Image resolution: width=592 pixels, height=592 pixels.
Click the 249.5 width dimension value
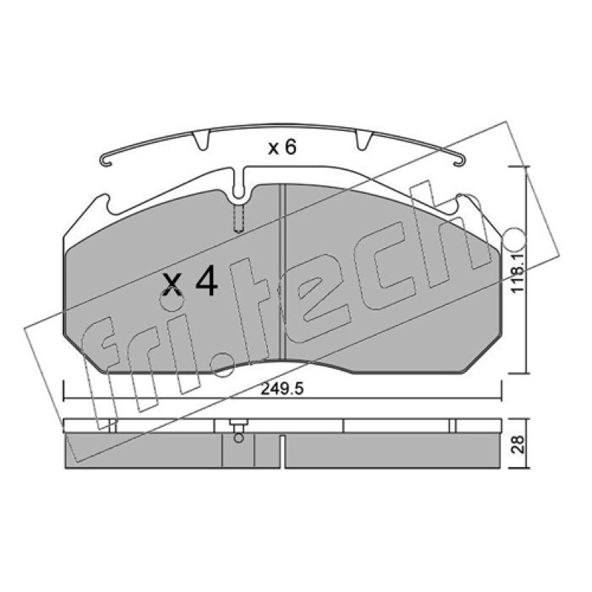pos(282,389)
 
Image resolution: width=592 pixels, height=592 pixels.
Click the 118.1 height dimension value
pos(517,272)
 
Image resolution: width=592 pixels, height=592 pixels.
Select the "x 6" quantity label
pos(282,147)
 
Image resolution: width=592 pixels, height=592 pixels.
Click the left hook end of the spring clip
pos(105,160)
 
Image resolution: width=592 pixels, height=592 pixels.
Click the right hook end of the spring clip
pos(459,160)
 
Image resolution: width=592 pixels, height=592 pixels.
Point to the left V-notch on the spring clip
pos(201,139)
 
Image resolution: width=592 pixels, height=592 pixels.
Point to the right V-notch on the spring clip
pos(364,139)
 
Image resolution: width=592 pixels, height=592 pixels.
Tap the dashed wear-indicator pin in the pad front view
pos(238,218)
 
